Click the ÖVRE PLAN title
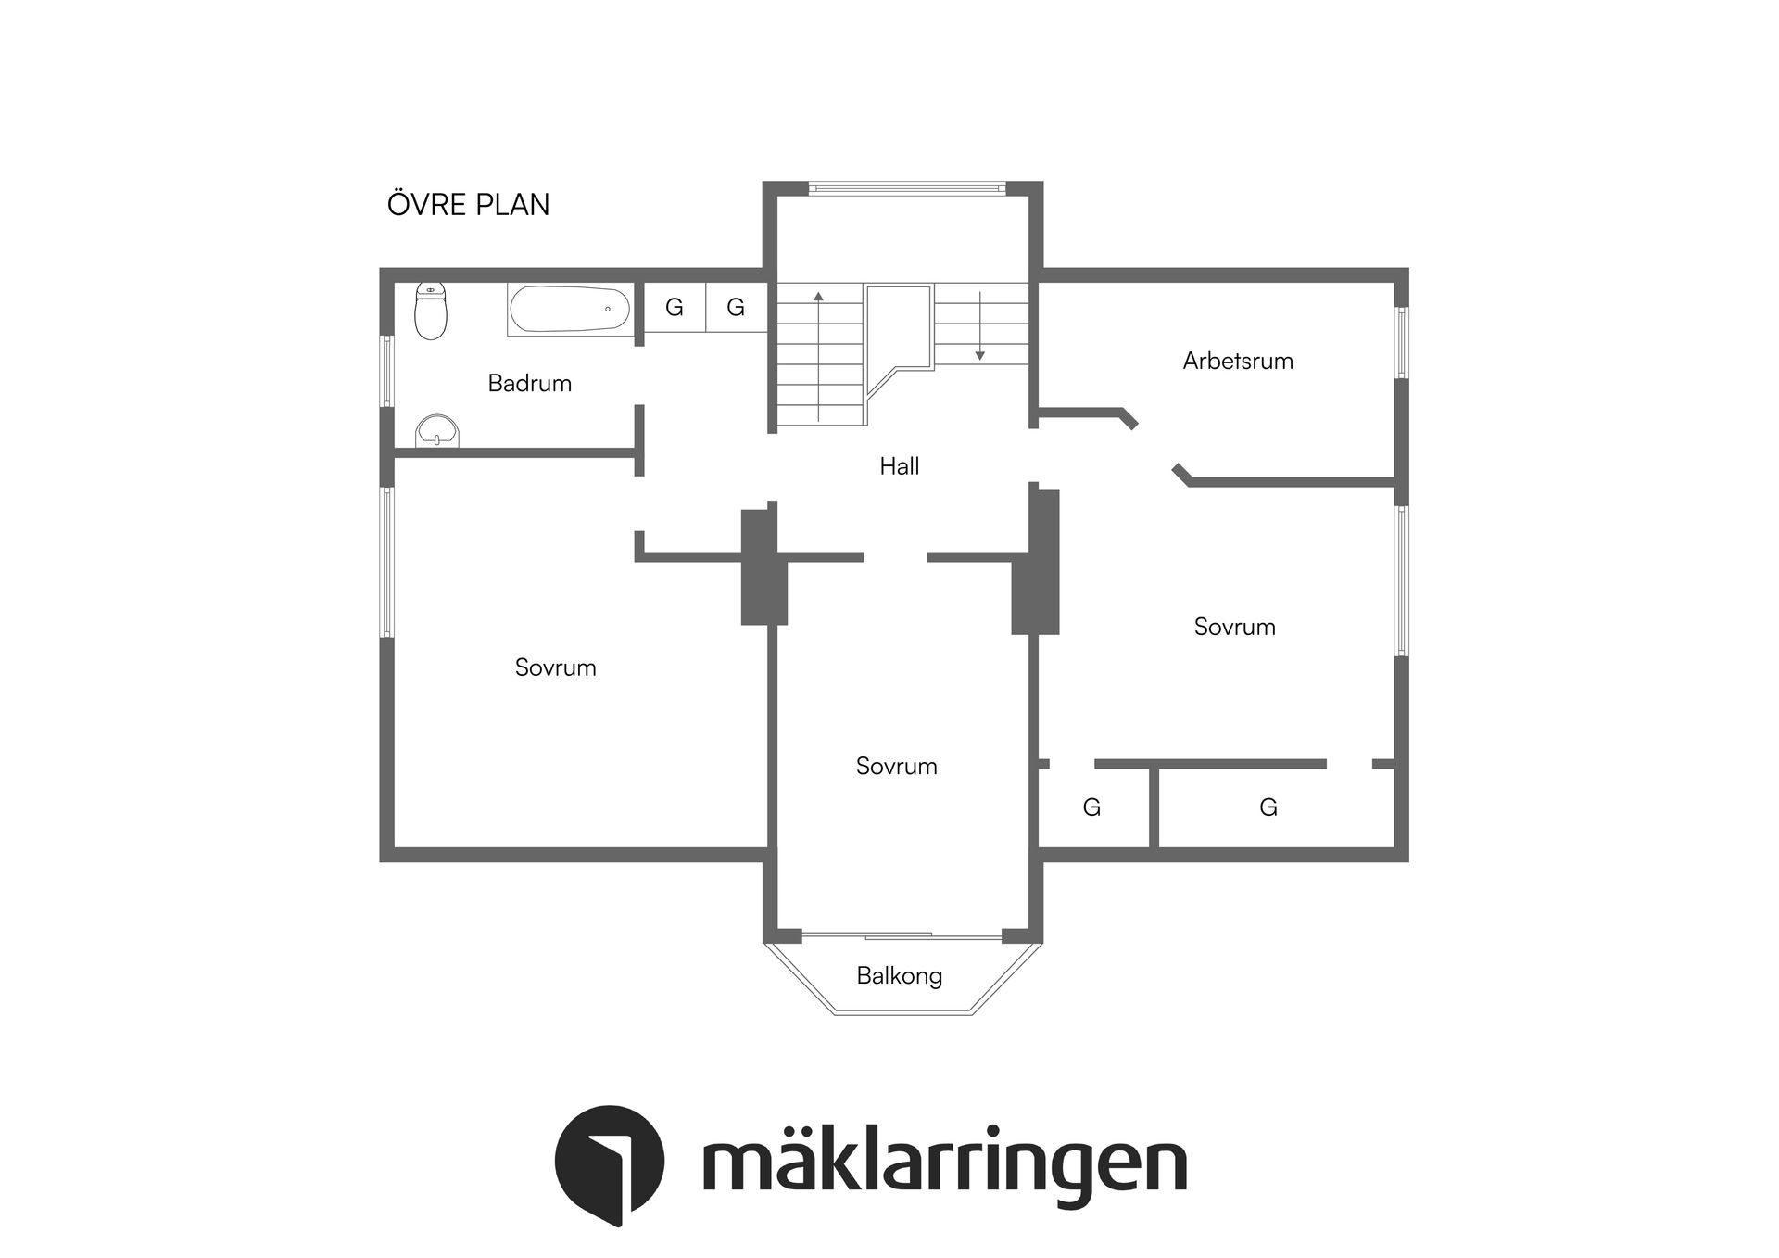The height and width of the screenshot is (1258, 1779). click(468, 204)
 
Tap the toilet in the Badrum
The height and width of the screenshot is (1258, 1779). click(430, 311)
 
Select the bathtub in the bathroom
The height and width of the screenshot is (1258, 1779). click(570, 309)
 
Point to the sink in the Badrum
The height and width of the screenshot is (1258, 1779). click(436, 431)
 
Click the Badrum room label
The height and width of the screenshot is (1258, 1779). click(529, 383)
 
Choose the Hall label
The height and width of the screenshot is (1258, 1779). click(899, 465)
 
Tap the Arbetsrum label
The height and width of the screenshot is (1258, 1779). click(1237, 361)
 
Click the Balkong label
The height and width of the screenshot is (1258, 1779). click(899, 975)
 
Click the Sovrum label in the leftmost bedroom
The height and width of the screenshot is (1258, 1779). click(555, 667)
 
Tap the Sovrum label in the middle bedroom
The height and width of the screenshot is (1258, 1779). click(896, 766)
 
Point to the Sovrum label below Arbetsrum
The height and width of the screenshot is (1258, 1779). click(1234, 627)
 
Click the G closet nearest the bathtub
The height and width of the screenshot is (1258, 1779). click(675, 307)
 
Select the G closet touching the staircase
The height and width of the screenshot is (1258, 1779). click(736, 307)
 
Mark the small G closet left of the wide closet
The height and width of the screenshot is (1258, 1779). click(1091, 807)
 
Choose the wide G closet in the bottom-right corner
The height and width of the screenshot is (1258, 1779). click(1268, 807)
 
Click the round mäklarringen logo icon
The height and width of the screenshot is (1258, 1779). click(609, 1163)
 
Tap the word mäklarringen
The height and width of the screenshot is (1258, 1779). click(944, 1163)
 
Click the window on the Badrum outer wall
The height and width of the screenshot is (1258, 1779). click(388, 371)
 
